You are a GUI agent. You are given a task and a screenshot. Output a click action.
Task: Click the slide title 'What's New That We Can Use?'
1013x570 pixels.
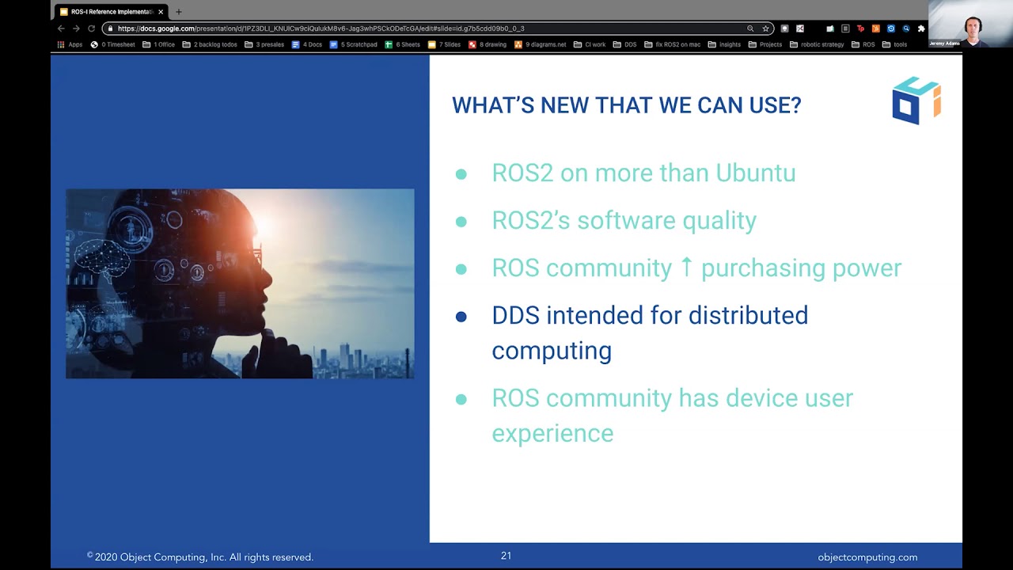(x=626, y=105)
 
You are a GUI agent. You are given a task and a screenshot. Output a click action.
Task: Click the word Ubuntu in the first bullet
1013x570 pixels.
(x=755, y=173)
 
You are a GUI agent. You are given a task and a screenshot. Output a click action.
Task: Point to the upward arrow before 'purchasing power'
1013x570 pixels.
(x=686, y=268)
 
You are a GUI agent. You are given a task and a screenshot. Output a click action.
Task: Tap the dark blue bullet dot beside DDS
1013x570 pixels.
(x=461, y=317)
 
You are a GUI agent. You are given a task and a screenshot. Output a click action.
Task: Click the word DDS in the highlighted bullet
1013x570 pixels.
(x=515, y=315)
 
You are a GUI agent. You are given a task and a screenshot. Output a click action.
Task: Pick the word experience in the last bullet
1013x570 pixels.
(x=552, y=433)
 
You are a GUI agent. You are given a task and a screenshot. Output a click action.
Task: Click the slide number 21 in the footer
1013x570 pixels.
(x=506, y=556)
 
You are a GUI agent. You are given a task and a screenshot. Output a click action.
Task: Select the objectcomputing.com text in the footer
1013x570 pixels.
(x=867, y=557)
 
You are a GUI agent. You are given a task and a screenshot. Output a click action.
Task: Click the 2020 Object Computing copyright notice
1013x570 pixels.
(x=200, y=557)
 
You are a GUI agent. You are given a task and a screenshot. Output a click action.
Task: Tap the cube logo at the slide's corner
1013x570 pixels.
(x=916, y=101)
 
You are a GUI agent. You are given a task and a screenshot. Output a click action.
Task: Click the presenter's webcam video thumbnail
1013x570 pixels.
(x=970, y=25)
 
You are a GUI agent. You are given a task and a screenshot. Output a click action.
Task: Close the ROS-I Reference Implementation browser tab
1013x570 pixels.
(x=161, y=12)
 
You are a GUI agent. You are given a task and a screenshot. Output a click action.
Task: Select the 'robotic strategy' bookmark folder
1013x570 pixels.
(x=818, y=44)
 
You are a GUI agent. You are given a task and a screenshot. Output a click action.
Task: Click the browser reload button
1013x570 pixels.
(x=91, y=28)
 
